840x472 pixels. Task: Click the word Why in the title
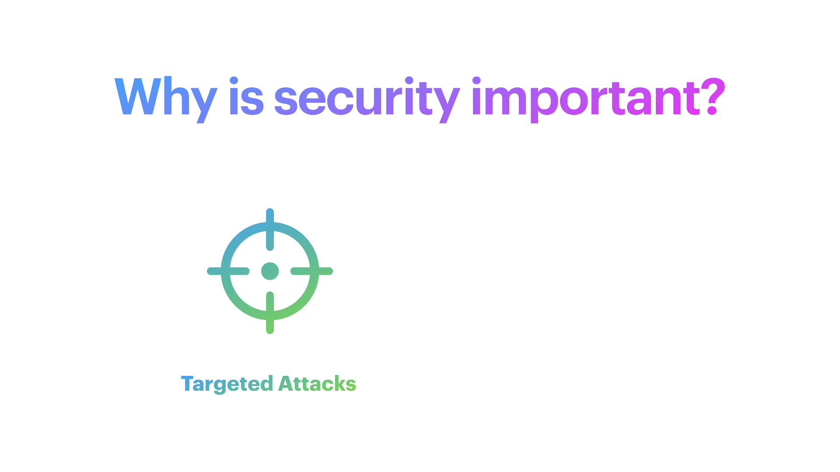(x=166, y=100)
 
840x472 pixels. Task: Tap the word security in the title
(x=367, y=100)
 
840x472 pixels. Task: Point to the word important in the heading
(x=586, y=100)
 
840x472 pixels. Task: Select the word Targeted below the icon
(x=227, y=384)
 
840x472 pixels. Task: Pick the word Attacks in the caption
(x=317, y=383)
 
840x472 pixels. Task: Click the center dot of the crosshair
(x=270, y=271)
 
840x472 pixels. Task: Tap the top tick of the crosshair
(x=270, y=229)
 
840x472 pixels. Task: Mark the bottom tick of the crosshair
(x=270, y=312)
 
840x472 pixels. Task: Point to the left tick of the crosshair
(x=228, y=271)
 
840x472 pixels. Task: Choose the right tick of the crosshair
(x=312, y=271)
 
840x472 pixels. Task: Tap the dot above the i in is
(x=234, y=81)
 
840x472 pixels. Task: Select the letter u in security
(x=363, y=102)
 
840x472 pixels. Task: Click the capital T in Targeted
(x=187, y=383)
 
